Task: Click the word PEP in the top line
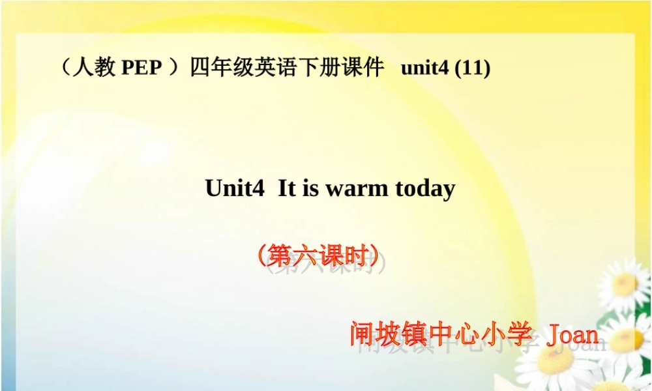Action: coord(141,68)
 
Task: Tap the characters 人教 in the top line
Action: coord(94,68)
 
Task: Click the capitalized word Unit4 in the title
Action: coord(235,188)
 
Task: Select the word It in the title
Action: coord(287,188)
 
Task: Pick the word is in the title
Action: coord(310,188)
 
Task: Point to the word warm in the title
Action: coord(349,188)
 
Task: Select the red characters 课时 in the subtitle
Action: coord(346,256)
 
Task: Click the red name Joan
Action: coord(572,334)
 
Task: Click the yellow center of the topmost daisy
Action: coord(625,282)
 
